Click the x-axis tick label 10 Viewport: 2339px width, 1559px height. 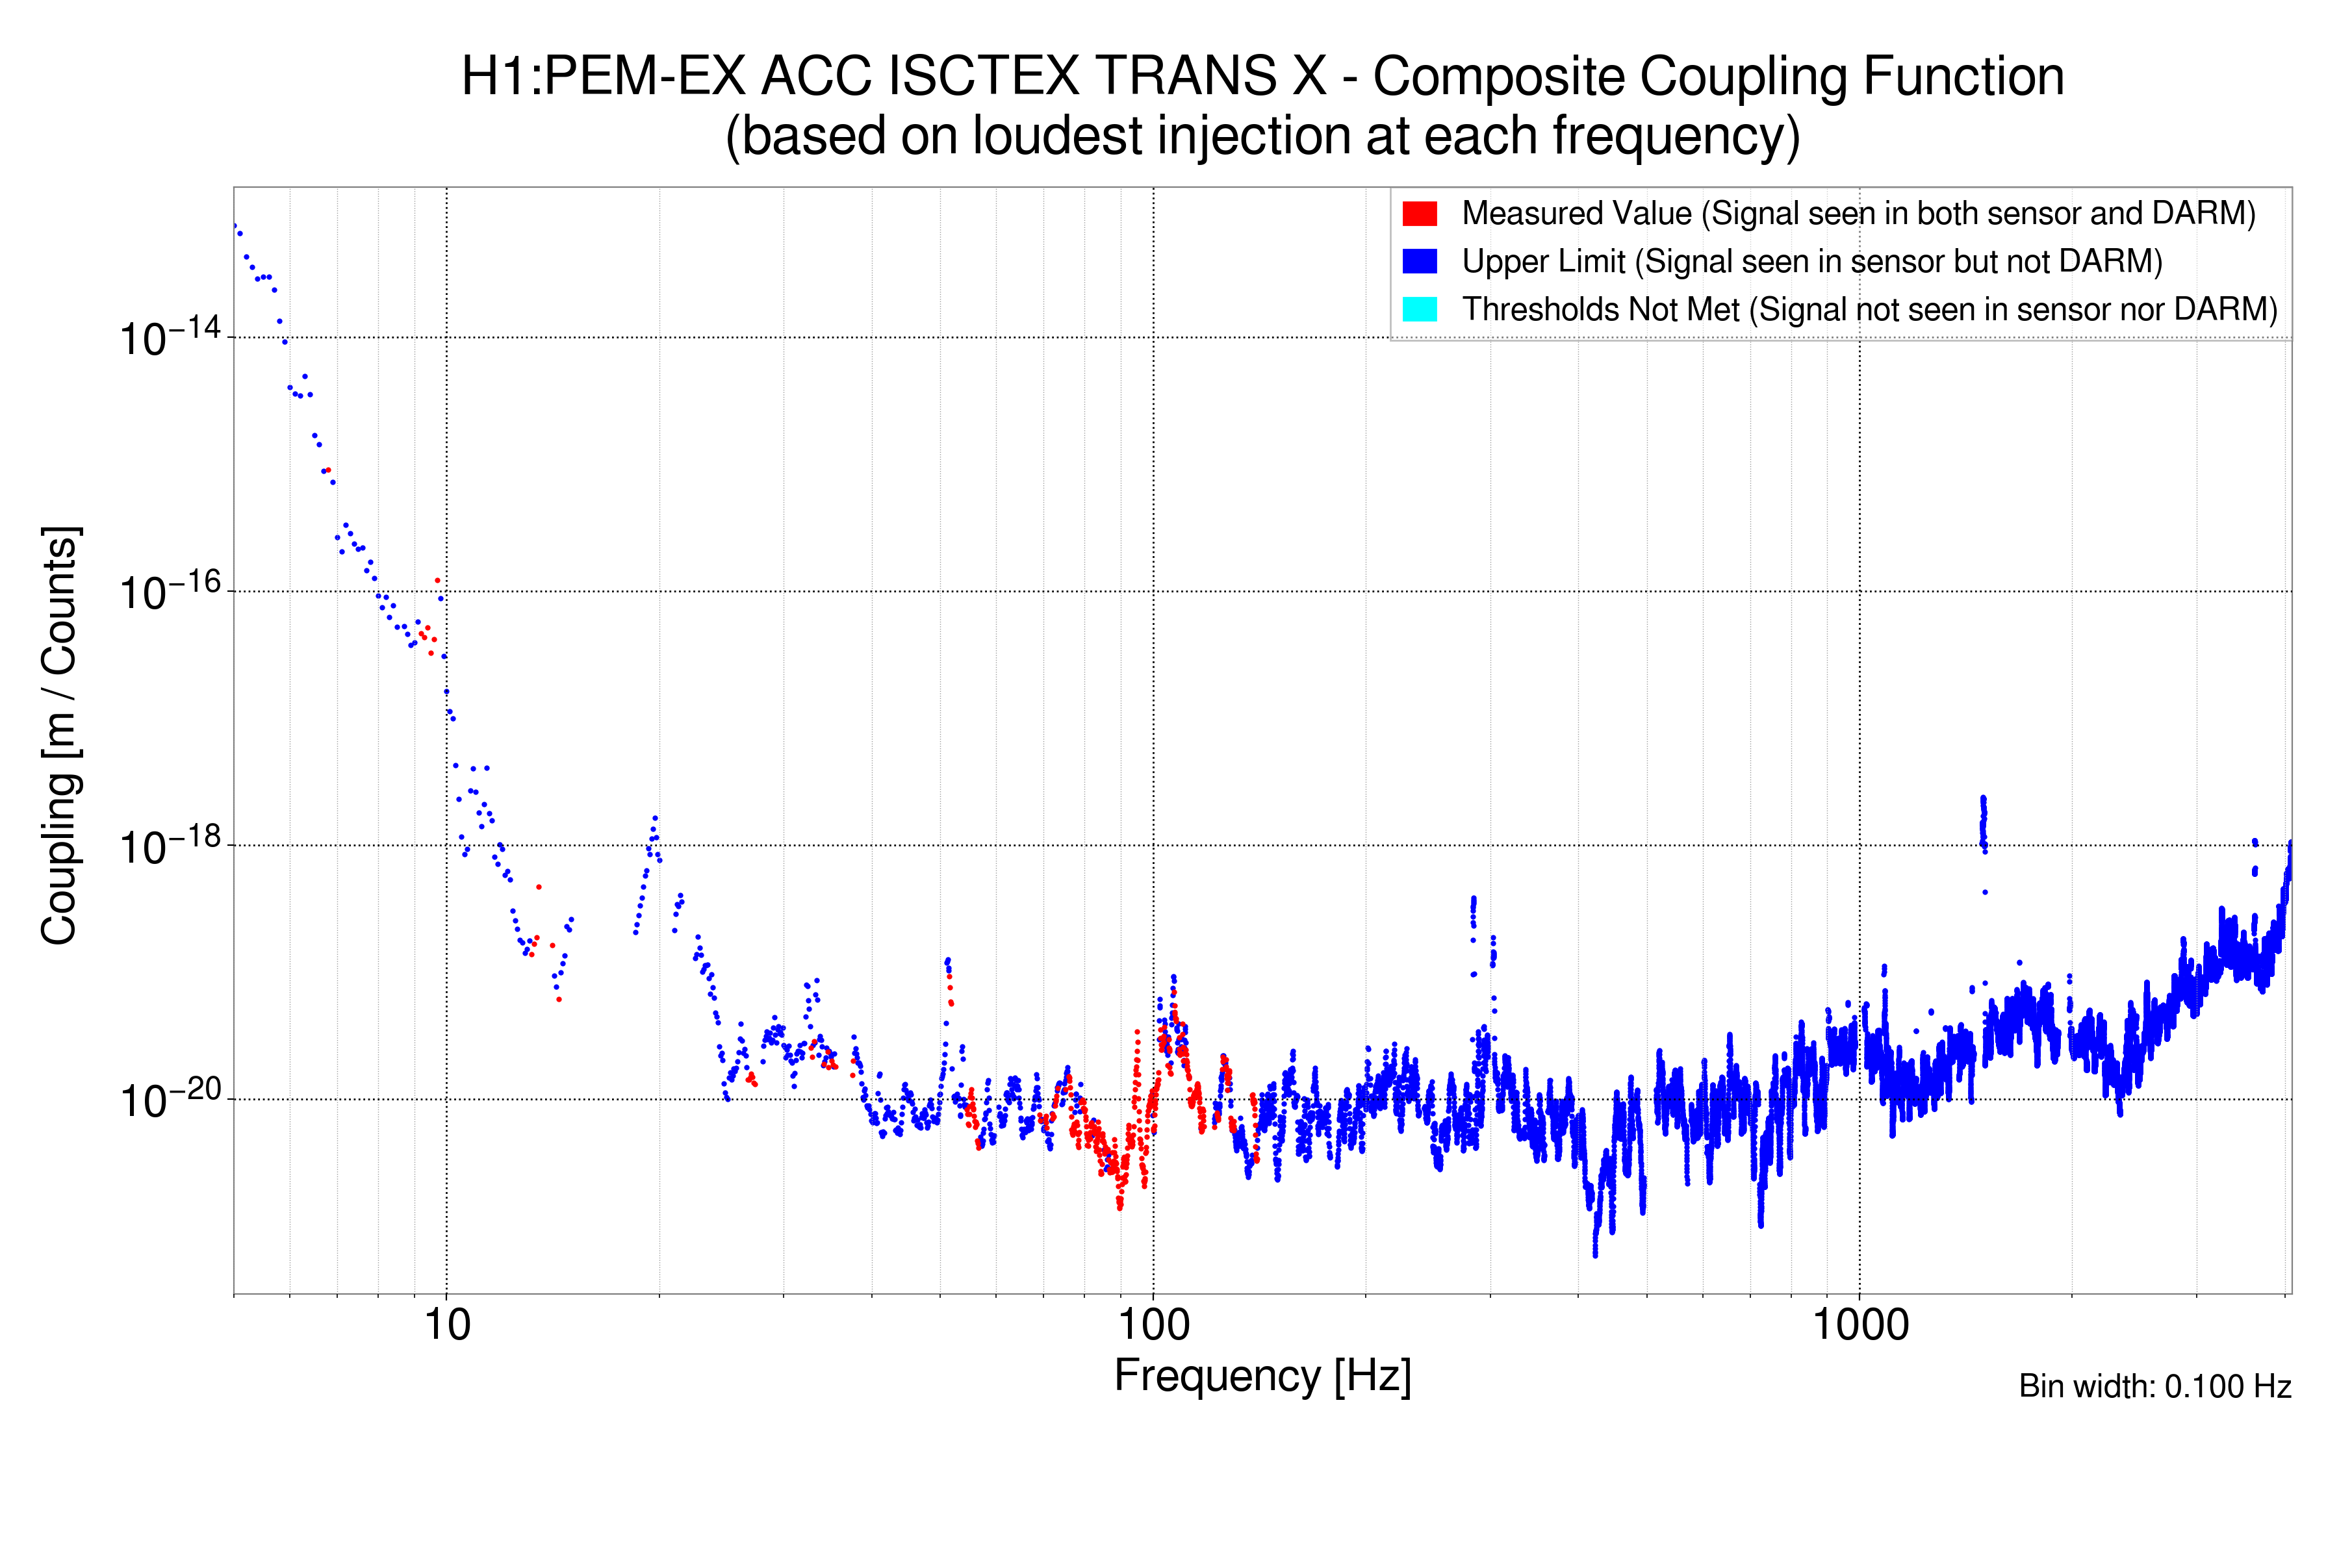click(x=446, y=1325)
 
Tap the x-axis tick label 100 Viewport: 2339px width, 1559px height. click(x=1154, y=1325)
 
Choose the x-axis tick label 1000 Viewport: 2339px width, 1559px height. click(x=1860, y=1325)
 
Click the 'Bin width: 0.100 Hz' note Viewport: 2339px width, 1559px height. click(x=2154, y=1386)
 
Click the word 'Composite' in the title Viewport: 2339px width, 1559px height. click(x=1499, y=77)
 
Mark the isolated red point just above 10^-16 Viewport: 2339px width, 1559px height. click(x=437, y=579)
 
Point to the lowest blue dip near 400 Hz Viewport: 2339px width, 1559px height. click(x=1595, y=1251)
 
